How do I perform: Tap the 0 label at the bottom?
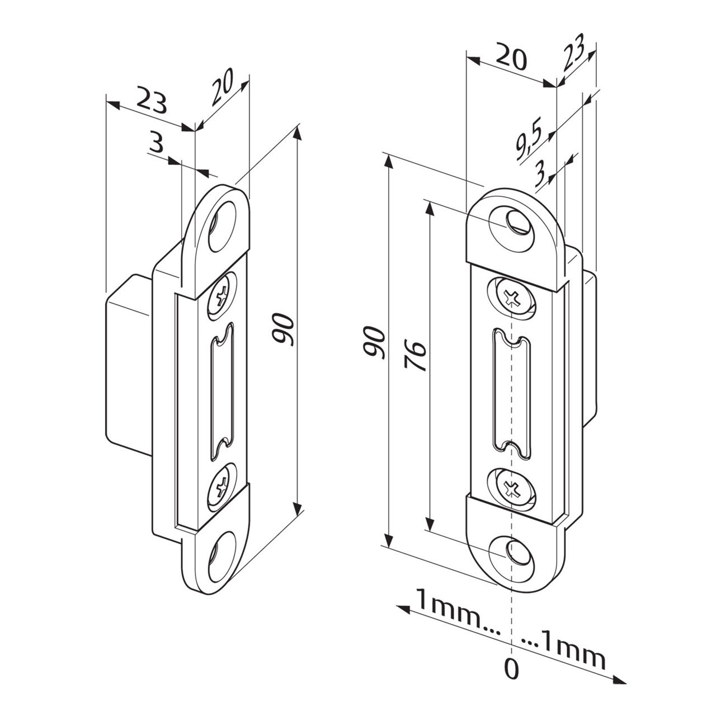pyautogui.click(x=511, y=668)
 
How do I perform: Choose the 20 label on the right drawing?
pyautogui.click(x=511, y=58)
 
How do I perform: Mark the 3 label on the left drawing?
pyautogui.click(x=157, y=144)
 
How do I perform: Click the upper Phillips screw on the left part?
pyautogui.click(x=222, y=294)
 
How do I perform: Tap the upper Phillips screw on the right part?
pyautogui.click(x=512, y=298)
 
